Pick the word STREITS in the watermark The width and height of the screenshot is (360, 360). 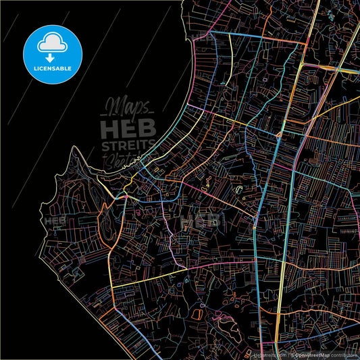pyautogui.click(x=128, y=147)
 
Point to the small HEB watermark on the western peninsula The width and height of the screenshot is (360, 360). pyautogui.click(x=55, y=221)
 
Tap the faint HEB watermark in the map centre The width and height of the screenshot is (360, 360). pyautogui.click(x=201, y=221)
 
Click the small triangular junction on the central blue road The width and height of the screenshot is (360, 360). pyautogui.click(x=278, y=134)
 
